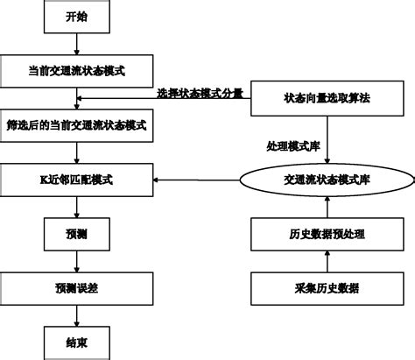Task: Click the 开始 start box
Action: coord(76,17)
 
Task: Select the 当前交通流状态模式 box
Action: coord(76,70)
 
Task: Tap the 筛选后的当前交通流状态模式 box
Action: coord(76,124)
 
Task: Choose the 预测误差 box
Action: coord(76,286)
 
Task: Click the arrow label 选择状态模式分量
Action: coord(200,93)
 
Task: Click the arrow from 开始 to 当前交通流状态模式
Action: coord(76,44)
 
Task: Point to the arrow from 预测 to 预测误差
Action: coord(76,260)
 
